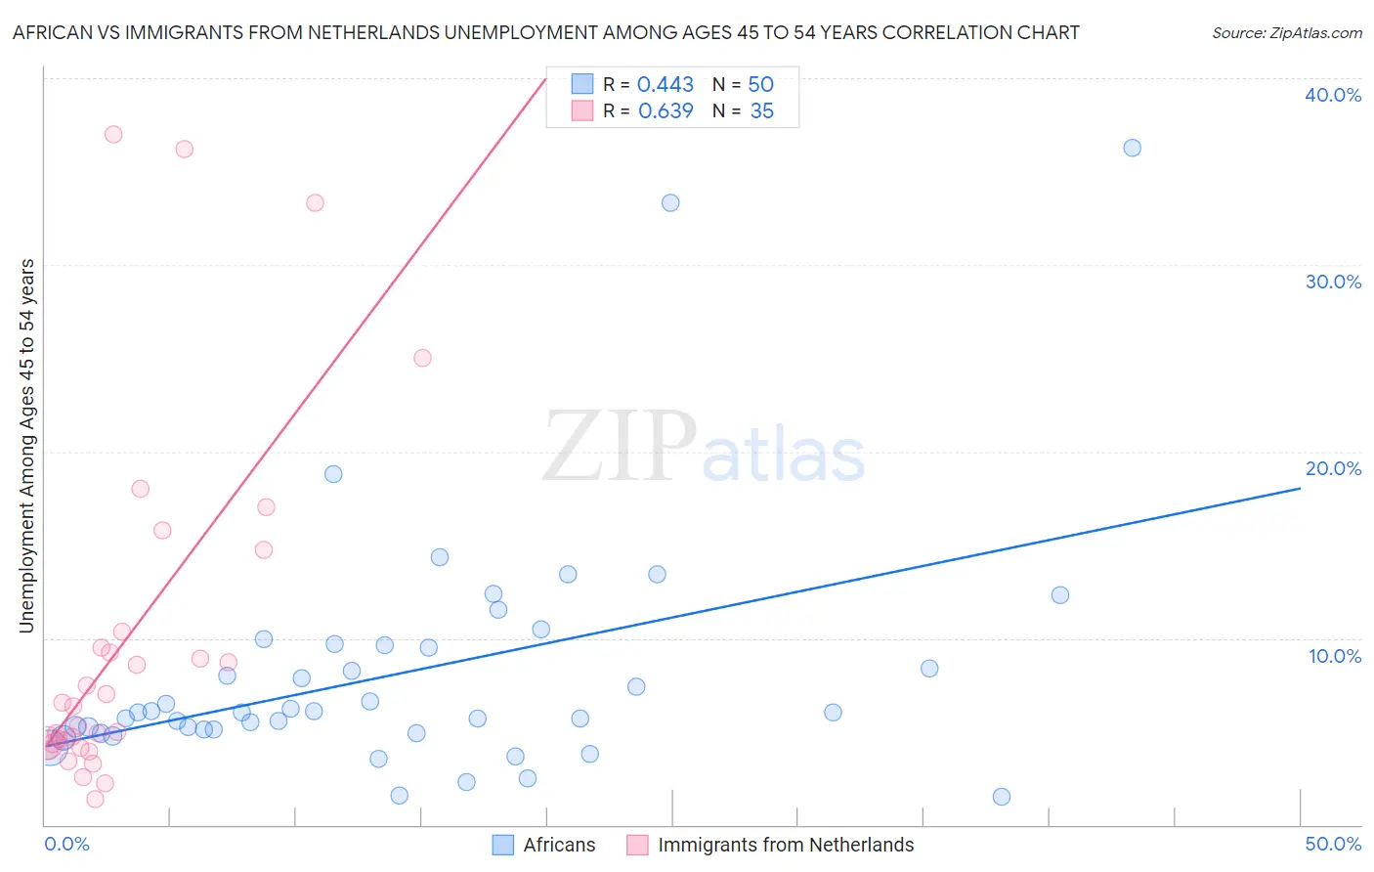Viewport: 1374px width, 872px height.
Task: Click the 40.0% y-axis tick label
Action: tap(1333, 95)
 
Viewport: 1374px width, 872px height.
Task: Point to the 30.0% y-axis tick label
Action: tap(1333, 282)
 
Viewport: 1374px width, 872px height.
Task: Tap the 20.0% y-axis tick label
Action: tap(1333, 468)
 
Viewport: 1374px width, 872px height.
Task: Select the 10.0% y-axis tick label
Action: tap(1335, 656)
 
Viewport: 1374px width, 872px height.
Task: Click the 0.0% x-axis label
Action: tap(66, 844)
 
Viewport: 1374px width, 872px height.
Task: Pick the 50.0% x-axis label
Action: tap(1333, 844)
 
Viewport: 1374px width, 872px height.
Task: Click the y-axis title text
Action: tap(27, 446)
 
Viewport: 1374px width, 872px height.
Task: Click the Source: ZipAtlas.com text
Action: tap(1286, 32)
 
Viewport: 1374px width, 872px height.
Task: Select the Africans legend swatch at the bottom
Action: tap(503, 845)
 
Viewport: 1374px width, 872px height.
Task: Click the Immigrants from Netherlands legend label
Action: tap(786, 845)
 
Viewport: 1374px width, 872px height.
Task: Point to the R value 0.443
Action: tap(666, 84)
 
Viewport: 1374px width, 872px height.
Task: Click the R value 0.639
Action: tap(666, 111)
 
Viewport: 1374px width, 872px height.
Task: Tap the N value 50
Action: tap(760, 84)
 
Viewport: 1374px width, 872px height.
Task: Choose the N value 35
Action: tap(761, 111)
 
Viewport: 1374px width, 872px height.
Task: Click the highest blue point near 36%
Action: tap(1132, 148)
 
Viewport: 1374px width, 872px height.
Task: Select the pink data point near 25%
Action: tap(422, 358)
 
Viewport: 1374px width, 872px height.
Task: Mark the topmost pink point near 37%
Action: tap(113, 134)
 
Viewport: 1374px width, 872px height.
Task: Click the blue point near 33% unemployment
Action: tap(670, 202)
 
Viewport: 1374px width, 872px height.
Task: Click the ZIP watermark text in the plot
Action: tap(620, 447)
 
